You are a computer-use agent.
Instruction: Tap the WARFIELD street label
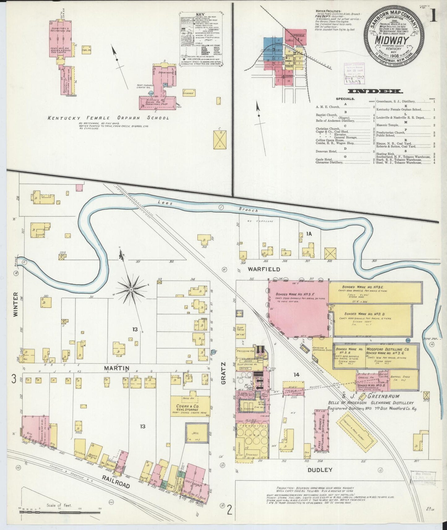[264, 269]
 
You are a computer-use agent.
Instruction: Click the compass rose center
[131, 289]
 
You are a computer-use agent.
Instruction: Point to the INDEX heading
[375, 91]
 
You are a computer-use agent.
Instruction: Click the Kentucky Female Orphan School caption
[108, 118]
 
